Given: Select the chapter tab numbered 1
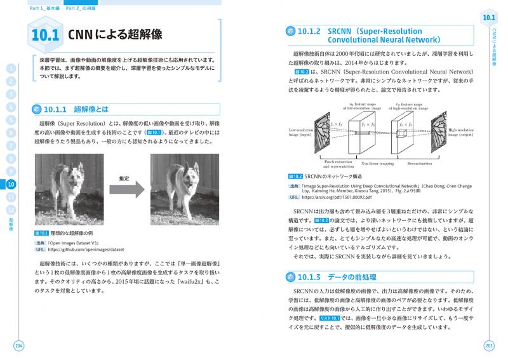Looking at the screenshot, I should click(x=11, y=68).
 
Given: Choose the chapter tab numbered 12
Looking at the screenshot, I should click(x=11, y=210).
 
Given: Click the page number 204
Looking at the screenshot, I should click(x=18, y=345).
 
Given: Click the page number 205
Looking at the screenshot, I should click(x=488, y=345).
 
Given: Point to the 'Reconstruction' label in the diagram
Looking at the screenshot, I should click(x=415, y=162).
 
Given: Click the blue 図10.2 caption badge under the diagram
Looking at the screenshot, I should click(x=294, y=176).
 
